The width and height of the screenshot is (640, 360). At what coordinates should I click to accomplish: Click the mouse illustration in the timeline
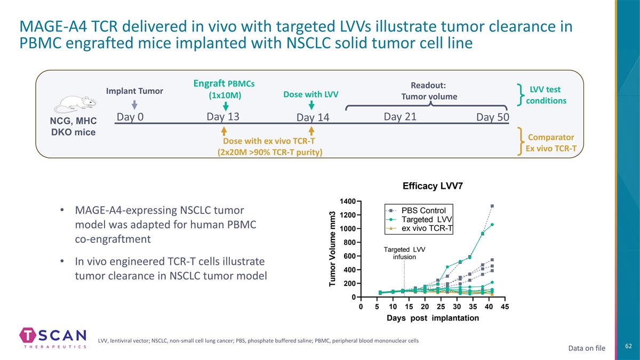click(75, 105)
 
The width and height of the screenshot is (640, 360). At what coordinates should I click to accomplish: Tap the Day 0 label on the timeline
click(130, 117)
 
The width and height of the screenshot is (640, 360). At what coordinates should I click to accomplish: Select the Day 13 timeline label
click(223, 117)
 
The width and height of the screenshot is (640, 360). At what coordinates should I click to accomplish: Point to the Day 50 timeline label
click(493, 117)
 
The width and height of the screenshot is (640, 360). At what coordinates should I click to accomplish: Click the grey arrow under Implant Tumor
click(134, 105)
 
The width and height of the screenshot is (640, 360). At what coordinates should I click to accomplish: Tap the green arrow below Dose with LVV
click(311, 105)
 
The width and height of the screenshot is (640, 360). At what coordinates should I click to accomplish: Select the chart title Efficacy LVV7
click(433, 186)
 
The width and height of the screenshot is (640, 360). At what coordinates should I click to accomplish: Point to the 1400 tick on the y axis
click(348, 202)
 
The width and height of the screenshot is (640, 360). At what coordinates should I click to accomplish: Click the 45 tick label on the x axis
click(505, 307)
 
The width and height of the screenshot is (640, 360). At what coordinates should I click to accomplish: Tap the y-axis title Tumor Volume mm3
click(332, 249)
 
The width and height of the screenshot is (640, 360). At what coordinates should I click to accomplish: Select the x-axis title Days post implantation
click(433, 318)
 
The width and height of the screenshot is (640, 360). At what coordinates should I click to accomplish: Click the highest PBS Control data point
click(492, 206)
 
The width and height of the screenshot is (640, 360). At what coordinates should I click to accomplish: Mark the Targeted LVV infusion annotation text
click(405, 253)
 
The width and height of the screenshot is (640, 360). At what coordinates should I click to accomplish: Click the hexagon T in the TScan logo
click(28, 335)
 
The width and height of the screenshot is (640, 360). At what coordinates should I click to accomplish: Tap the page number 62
click(629, 346)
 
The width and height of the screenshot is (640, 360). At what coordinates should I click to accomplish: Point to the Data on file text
click(587, 348)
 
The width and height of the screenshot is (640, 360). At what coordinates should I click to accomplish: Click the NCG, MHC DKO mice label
click(74, 126)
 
